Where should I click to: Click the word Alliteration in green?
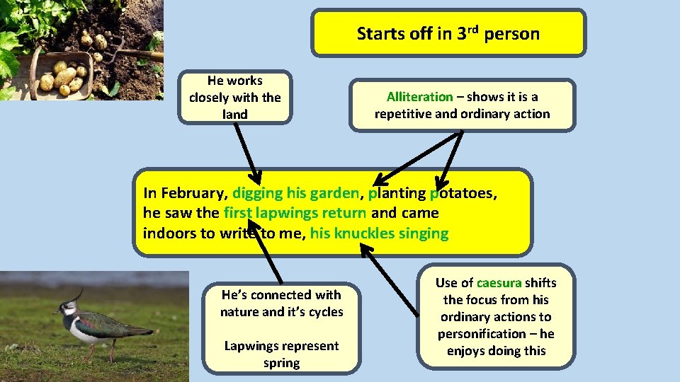pyautogui.click(x=419, y=97)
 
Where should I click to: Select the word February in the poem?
pyautogui.click(x=193, y=192)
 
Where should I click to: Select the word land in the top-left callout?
pyautogui.click(x=235, y=114)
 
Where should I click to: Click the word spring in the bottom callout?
pyautogui.click(x=281, y=363)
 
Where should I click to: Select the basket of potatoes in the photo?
pyautogui.click(x=60, y=76)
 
